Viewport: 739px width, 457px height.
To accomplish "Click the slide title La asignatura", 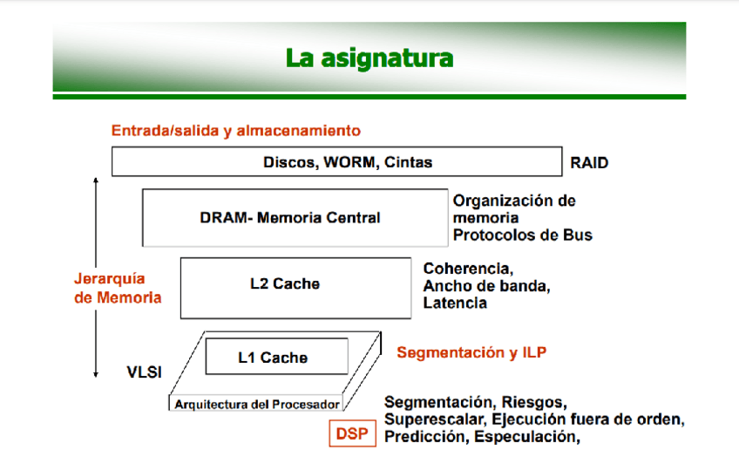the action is click(x=369, y=59).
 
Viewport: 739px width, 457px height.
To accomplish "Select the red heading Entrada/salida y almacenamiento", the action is click(x=235, y=131).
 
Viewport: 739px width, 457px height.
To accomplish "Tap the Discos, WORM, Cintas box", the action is click(x=336, y=162).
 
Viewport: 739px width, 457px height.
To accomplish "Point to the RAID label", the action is click(x=589, y=162).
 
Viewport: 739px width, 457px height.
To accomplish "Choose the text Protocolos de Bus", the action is click(x=522, y=235).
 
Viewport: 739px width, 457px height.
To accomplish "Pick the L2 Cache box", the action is click(x=295, y=283).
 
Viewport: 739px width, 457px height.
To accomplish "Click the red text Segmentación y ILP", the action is click(x=471, y=352).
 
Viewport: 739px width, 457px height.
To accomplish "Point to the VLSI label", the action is click(x=145, y=373).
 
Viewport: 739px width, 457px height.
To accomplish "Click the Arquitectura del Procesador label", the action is click(x=257, y=404).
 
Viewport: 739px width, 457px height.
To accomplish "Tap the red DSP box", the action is click(x=352, y=433).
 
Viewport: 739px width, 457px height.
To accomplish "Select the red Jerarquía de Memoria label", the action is click(x=118, y=288).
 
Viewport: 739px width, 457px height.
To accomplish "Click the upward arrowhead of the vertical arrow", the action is click(x=95, y=181).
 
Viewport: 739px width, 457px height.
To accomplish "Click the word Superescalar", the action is click(x=429, y=419).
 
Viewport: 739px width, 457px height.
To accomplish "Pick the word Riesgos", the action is click(x=534, y=402).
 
